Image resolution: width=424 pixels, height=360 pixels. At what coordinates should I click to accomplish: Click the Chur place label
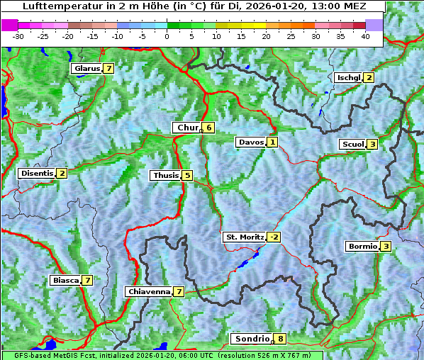tap(187, 128)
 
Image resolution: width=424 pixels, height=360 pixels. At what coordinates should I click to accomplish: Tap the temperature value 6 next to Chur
tap(209, 128)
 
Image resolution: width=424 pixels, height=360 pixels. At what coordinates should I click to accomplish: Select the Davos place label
tap(251, 142)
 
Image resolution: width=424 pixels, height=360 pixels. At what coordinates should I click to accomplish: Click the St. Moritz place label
tap(244, 237)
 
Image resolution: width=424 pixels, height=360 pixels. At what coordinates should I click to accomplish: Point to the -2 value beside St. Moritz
tap(274, 237)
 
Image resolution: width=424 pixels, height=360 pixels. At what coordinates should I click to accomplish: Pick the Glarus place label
tap(86, 69)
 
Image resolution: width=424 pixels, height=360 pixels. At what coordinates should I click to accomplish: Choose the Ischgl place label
tap(349, 77)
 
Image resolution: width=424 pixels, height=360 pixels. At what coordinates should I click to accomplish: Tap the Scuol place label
tap(352, 144)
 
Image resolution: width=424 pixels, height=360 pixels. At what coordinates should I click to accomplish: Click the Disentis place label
tap(37, 173)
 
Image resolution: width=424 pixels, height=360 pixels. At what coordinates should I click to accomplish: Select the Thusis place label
tap(165, 175)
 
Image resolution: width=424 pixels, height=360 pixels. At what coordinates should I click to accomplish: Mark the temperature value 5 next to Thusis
tap(187, 175)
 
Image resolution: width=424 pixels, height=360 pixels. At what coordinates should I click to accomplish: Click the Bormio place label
tap(362, 247)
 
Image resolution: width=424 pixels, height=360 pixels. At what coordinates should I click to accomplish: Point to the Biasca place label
tap(65, 280)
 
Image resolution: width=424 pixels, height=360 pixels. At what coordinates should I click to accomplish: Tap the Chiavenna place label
tap(148, 291)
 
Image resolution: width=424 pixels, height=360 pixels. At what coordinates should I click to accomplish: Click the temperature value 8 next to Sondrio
tap(281, 339)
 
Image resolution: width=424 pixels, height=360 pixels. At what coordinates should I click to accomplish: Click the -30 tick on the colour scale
tap(18, 36)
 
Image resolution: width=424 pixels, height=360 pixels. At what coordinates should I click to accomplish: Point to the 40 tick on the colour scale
tap(365, 36)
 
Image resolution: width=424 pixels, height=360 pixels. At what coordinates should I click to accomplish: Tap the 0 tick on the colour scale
tap(167, 36)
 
